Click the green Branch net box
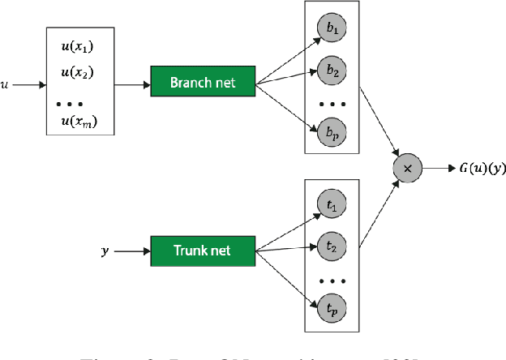(x=203, y=83)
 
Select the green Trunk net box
(x=203, y=251)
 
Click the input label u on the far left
(x=6, y=83)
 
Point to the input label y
(x=104, y=251)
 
